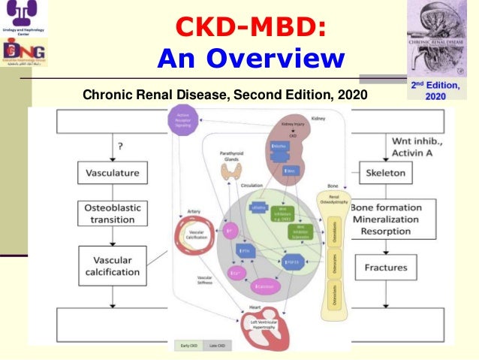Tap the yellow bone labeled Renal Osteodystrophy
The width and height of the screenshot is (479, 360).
click(333, 256)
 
